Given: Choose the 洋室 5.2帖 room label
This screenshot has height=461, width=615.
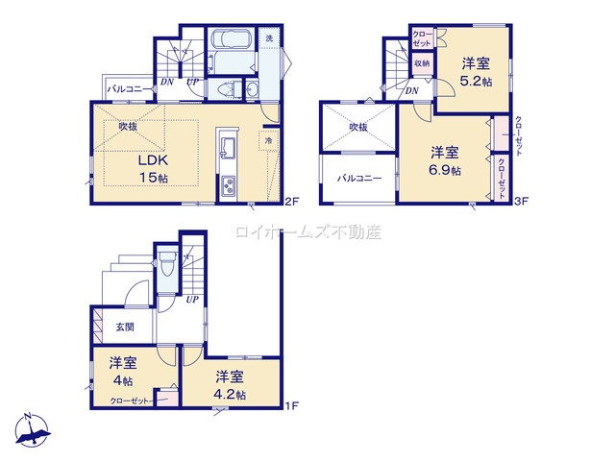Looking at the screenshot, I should coord(477,72).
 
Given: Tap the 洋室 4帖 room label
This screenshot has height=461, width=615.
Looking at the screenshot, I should coord(122,371).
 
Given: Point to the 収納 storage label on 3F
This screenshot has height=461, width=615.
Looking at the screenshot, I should coord(422,63).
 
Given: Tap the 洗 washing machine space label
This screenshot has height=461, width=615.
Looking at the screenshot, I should coord(269,38).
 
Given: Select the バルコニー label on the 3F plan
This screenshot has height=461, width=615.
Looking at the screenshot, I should coord(358,179).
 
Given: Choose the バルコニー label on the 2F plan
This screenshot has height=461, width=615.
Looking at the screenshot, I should coord(125,88).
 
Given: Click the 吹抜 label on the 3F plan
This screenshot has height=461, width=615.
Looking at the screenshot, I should coord(358,126).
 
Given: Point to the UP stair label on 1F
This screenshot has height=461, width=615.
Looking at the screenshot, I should coord(192,300).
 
